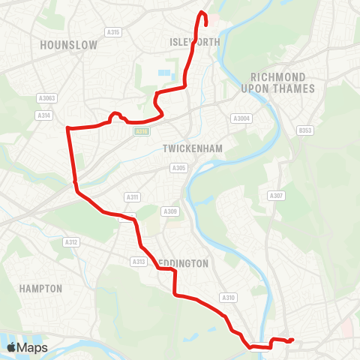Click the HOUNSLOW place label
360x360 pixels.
pyautogui.click(x=69, y=45)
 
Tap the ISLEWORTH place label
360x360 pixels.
pyautogui.click(x=196, y=42)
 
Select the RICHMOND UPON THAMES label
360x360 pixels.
pyautogui.click(x=278, y=82)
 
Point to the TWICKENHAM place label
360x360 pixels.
pyautogui.click(x=193, y=149)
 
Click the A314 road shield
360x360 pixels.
pyautogui.click(x=43, y=115)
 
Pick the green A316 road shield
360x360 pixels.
pyautogui.click(x=141, y=131)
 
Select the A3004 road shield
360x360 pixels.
pyautogui.click(x=240, y=118)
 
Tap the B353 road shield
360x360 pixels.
pyautogui.click(x=304, y=130)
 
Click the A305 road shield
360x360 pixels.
pyautogui.click(x=178, y=168)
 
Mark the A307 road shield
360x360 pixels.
pyautogui.click(x=276, y=196)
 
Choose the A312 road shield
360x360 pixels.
pyautogui.click(x=72, y=241)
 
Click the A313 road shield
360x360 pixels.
pyautogui.click(x=139, y=261)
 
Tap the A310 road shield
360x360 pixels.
pyautogui.click(x=228, y=298)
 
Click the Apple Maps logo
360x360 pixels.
pyautogui.click(x=27, y=347)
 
